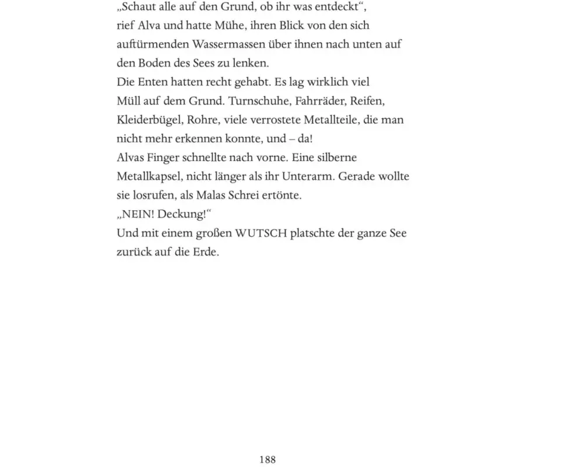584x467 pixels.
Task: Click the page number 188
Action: click(267, 459)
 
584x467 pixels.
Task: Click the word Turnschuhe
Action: click(259, 101)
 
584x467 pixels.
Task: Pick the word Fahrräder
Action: click(322, 101)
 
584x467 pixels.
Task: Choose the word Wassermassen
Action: click(228, 44)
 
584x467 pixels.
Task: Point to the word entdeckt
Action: click(345, 7)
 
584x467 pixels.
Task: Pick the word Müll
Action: click(128, 101)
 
